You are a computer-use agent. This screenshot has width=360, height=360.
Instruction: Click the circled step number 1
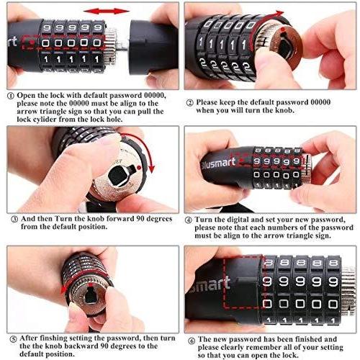[10, 96]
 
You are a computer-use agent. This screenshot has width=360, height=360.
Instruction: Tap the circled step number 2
[189, 103]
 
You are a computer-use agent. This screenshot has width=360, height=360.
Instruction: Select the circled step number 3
[14, 219]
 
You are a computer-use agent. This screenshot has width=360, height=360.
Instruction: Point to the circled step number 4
[189, 220]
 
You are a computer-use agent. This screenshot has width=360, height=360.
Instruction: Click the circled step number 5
[13, 339]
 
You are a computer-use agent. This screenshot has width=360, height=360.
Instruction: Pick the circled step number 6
[192, 341]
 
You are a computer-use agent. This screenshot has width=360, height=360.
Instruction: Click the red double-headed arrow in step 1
[107, 11]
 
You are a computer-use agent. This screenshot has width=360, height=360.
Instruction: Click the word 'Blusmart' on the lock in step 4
[218, 164]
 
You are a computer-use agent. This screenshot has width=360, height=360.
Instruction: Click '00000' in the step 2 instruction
[320, 102]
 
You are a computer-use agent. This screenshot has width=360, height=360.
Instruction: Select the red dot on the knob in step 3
[139, 167]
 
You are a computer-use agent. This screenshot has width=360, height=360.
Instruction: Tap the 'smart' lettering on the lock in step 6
[210, 284]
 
